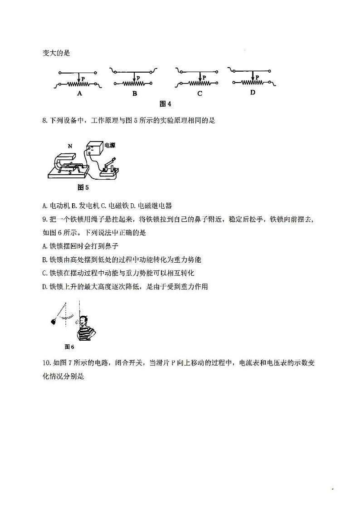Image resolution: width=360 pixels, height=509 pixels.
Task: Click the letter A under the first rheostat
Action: (79, 94)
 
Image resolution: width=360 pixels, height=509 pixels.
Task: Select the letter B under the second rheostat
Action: (134, 94)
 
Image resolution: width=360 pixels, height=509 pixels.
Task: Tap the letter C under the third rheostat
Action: (199, 94)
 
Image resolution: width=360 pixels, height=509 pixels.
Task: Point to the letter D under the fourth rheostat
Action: (253, 92)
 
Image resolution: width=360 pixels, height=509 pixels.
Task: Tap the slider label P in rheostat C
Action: (204, 78)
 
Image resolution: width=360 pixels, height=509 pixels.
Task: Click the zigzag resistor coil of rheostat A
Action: (78, 84)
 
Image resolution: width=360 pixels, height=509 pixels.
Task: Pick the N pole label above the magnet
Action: (70, 146)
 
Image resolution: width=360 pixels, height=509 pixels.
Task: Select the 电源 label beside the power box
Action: (109, 146)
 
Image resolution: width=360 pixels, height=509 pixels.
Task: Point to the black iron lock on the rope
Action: (54, 322)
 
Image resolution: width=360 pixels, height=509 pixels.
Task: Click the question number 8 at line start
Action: (44, 121)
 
